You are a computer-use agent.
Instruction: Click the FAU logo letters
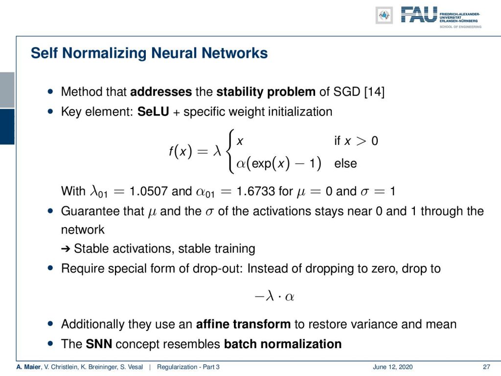(419, 15)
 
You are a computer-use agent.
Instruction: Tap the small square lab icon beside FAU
(384, 15)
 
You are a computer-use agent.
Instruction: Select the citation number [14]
(374, 92)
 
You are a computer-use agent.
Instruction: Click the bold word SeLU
(153, 112)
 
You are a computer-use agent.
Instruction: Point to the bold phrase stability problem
(266, 92)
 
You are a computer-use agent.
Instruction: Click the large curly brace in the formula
(230, 151)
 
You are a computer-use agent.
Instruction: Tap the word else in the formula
(345, 164)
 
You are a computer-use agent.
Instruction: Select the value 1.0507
(148, 191)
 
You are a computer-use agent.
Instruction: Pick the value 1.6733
(255, 191)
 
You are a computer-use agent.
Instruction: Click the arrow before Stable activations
(66, 249)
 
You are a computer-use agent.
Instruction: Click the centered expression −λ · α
(274, 297)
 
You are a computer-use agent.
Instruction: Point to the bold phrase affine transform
(243, 324)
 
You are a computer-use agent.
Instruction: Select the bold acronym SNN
(99, 344)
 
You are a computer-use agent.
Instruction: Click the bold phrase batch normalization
(283, 344)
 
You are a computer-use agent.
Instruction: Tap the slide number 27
(486, 367)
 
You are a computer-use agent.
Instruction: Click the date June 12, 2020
(392, 367)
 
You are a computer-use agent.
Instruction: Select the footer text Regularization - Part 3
(188, 367)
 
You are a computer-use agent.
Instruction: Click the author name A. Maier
(29, 367)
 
